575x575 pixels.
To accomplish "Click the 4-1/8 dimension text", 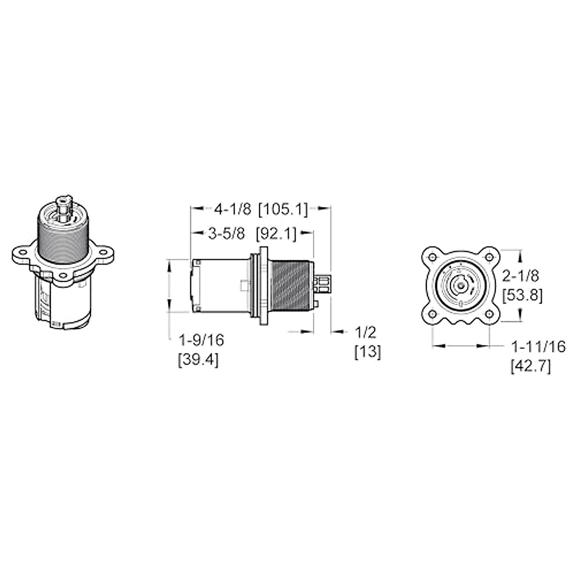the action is point(233,209).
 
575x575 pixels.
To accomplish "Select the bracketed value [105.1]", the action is point(283,210).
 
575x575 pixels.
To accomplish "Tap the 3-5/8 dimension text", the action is point(226,234).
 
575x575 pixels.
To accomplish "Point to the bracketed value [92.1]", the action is point(276,234).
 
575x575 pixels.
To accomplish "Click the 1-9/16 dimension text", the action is point(201,340).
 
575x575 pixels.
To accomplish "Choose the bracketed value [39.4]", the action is point(198,360).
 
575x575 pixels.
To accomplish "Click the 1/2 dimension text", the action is point(366,333).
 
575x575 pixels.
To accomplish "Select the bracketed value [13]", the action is point(368,353).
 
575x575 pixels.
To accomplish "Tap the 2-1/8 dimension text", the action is point(520,276).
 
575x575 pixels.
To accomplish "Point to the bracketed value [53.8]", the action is point(522,296).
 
